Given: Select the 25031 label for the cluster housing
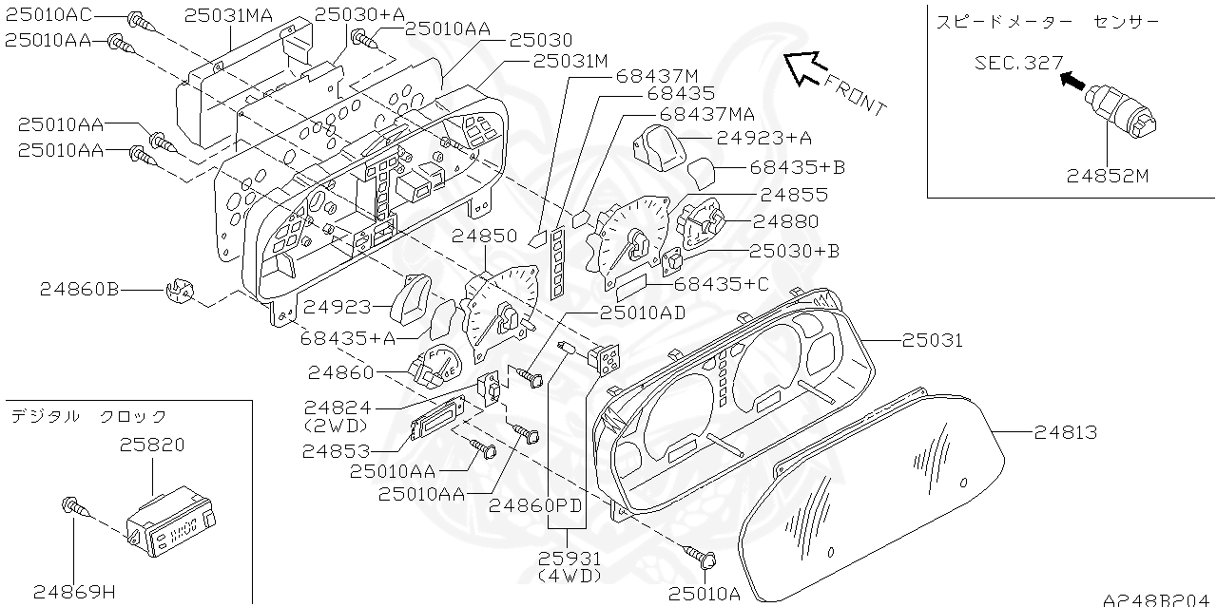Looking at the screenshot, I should click(x=932, y=340).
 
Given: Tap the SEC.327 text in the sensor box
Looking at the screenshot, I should click(x=1018, y=64).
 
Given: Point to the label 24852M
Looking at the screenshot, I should click(x=1109, y=176).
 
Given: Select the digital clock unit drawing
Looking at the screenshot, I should click(x=171, y=522).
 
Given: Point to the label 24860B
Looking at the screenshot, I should click(x=80, y=290).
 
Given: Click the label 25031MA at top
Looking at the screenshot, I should click(x=228, y=15).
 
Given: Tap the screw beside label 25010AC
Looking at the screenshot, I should click(x=139, y=19).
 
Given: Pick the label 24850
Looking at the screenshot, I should click(x=485, y=236).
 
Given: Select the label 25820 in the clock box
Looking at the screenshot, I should click(x=152, y=444).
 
